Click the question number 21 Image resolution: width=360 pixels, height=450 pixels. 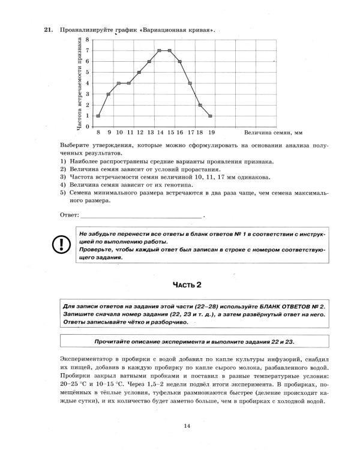pos(47,29)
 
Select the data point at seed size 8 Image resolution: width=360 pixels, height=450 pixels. pos(98,116)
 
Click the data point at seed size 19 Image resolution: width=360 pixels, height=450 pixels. pos(211,116)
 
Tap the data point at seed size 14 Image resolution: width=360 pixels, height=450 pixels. pos(159,51)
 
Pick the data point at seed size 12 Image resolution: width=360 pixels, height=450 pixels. pos(139,73)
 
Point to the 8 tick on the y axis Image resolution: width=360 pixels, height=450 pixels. pos(88,40)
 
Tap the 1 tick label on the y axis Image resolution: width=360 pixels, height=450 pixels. pos(88,116)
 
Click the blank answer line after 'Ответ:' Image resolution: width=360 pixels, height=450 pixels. pos(141,215)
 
